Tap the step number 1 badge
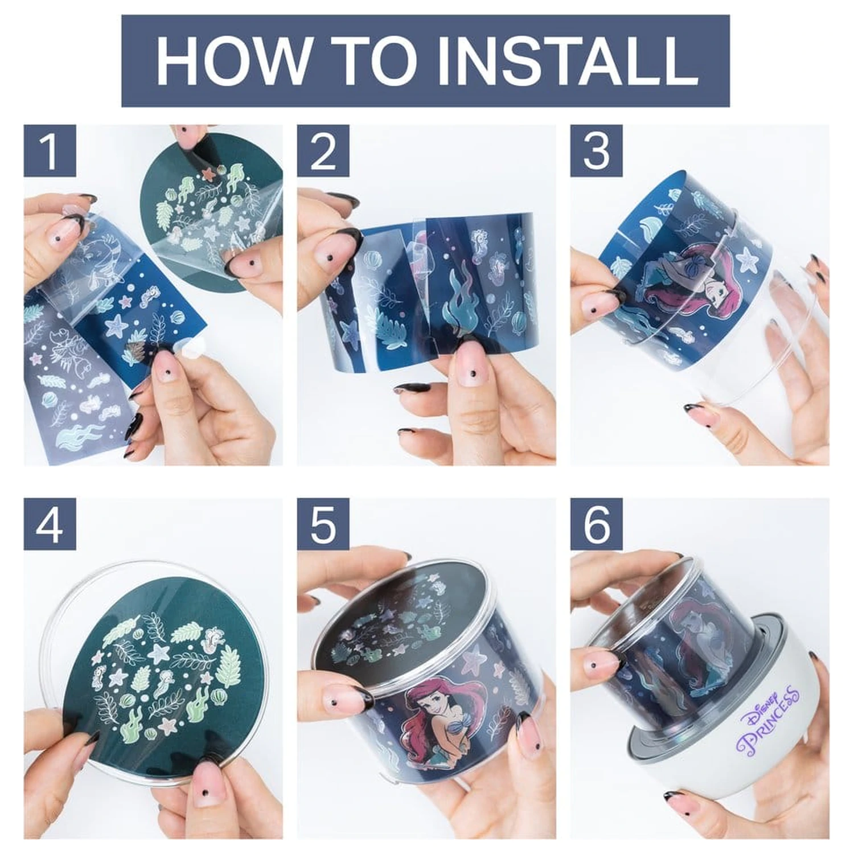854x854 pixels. (50, 150)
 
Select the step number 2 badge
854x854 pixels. (323, 150)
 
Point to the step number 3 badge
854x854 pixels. (597, 150)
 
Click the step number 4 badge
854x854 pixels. (50, 524)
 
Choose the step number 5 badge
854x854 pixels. (323, 524)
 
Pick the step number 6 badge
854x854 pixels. (597, 524)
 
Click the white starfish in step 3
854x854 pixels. (746, 258)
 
